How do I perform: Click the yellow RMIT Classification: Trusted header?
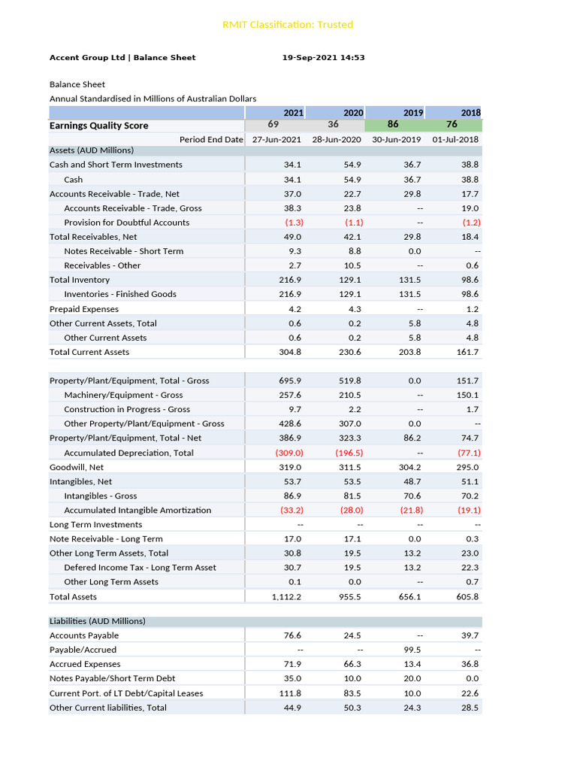[x=288, y=25]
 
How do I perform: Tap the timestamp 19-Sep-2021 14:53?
[x=324, y=57]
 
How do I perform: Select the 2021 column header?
[x=294, y=113]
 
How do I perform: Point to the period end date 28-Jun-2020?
[x=337, y=139]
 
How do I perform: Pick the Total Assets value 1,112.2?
[x=286, y=597]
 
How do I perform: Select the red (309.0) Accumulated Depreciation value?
[x=289, y=453]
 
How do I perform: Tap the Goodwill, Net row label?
[x=77, y=467]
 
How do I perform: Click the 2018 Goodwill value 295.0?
[x=467, y=467]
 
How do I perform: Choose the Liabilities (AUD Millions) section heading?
[x=98, y=621]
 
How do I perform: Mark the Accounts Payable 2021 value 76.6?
[x=292, y=635]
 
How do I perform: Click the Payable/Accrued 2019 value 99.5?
[x=412, y=650]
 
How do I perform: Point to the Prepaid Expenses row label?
[x=84, y=309]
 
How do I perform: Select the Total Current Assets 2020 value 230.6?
[x=350, y=352]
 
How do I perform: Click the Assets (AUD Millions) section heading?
[x=91, y=150]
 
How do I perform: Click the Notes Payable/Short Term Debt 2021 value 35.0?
[x=292, y=678]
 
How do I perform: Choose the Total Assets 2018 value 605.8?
[x=467, y=597]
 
